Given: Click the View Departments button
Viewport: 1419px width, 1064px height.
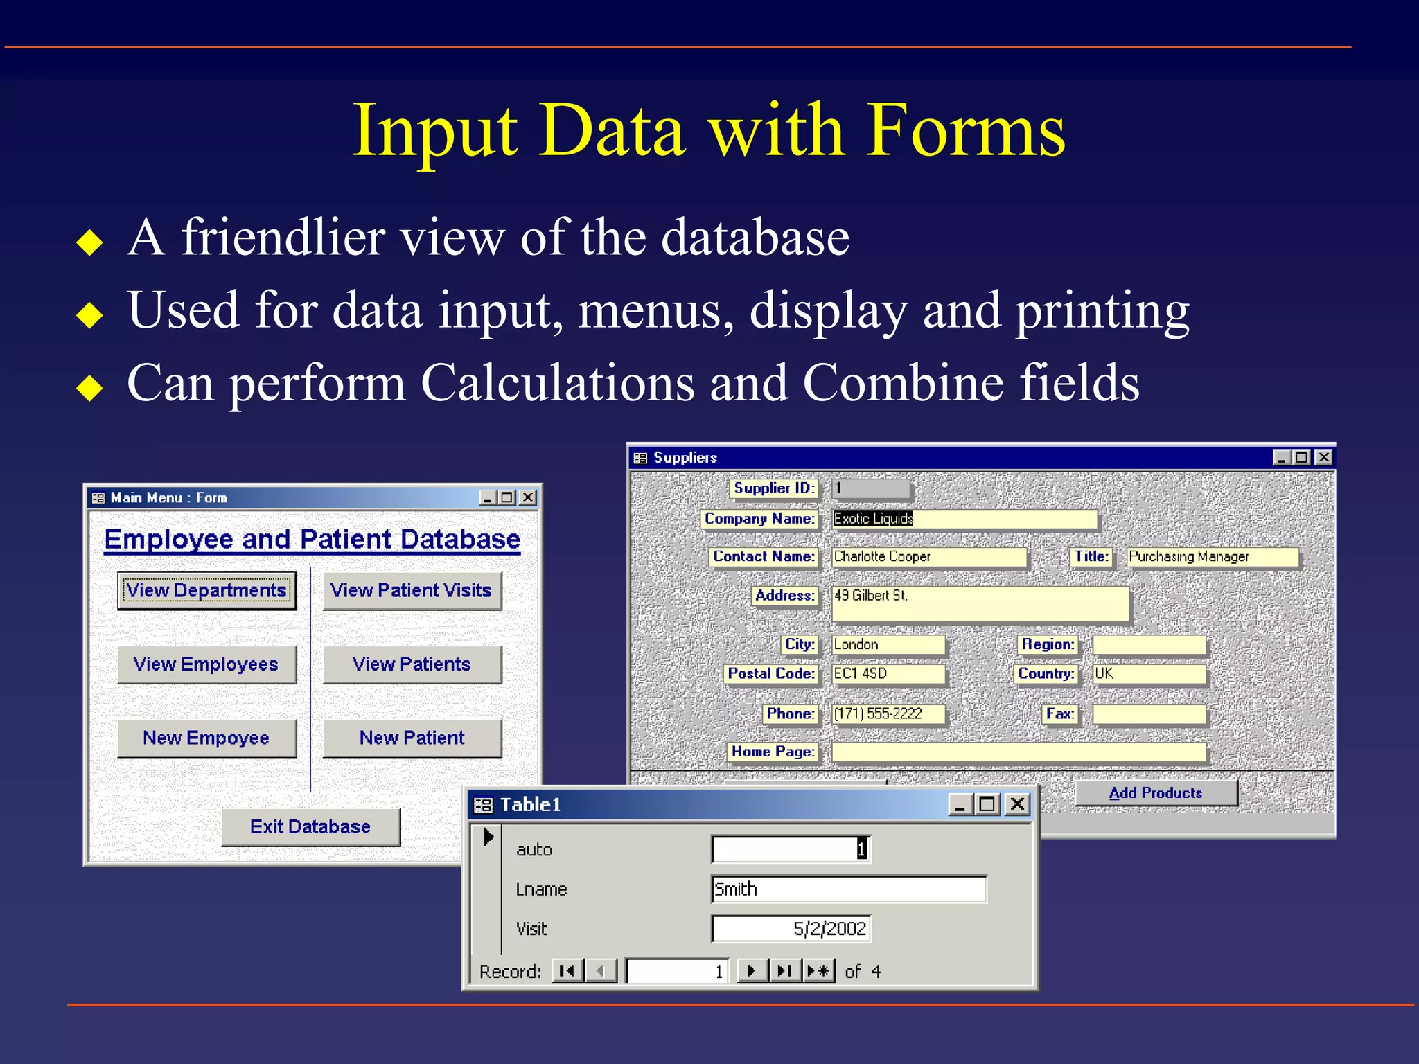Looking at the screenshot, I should (206, 590).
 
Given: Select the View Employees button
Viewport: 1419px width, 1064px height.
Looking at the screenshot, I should (206, 664).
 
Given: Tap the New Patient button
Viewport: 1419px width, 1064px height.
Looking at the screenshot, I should (412, 738).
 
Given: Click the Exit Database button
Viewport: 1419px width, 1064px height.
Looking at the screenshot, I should (310, 826).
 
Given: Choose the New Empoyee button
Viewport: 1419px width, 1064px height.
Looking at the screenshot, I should (206, 738).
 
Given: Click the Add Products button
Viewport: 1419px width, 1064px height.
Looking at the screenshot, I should (1155, 793).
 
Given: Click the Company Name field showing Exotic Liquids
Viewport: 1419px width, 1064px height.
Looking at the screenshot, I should (963, 519).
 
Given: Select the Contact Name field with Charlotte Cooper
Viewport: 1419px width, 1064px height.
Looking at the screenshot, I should (928, 557).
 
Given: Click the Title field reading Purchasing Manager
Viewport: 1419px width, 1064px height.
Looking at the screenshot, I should (1212, 557).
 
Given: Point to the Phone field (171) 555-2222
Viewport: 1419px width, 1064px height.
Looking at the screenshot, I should (888, 714).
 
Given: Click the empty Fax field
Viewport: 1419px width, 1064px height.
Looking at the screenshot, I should (1149, 714).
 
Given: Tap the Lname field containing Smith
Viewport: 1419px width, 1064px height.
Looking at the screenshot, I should (848, 889).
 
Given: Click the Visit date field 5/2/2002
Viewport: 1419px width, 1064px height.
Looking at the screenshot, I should (791, 929).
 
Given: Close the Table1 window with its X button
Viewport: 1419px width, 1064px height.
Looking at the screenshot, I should (1017, 804).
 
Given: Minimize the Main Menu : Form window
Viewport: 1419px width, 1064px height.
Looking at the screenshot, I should (488, 497).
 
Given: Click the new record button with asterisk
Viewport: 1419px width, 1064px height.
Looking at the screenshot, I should (818, 971).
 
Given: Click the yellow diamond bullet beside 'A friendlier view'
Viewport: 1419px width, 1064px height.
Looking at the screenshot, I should (90, 242).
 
